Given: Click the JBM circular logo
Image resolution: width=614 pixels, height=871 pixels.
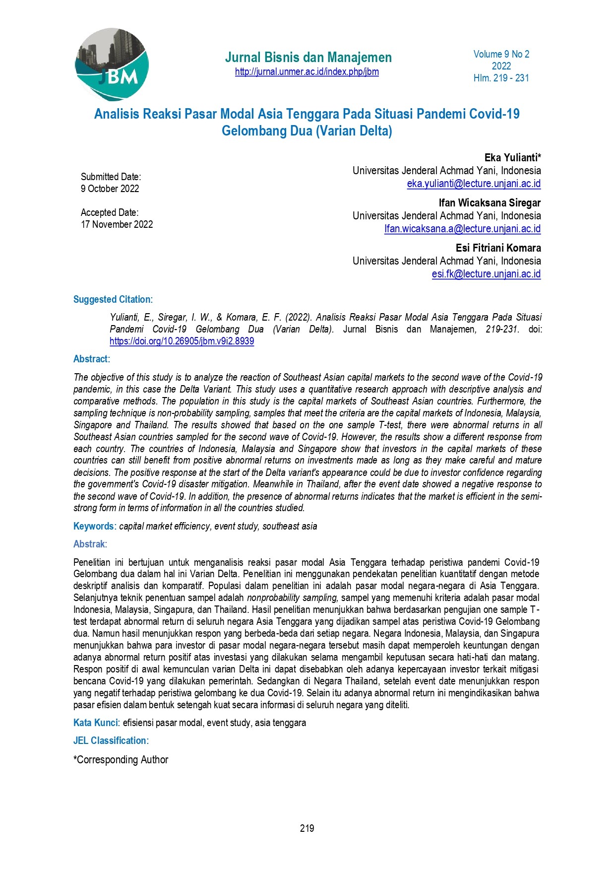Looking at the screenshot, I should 112,64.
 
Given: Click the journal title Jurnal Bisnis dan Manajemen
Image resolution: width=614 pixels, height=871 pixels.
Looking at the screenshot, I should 308,58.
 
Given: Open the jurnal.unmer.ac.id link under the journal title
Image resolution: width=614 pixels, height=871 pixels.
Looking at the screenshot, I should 307,72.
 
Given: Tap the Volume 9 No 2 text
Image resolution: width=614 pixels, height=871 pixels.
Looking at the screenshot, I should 501,54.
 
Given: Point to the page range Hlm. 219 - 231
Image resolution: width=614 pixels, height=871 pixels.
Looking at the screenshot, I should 501,78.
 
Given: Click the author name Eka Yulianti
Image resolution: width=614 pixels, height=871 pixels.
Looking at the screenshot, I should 512,158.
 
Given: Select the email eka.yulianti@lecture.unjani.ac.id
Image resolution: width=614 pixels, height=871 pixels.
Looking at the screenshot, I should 474,184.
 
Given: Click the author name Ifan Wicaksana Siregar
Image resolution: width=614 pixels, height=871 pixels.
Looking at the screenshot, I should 490,203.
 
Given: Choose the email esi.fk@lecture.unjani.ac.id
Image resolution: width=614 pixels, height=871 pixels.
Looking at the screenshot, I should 486,274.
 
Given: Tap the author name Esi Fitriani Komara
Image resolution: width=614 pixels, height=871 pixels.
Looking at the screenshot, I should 498,248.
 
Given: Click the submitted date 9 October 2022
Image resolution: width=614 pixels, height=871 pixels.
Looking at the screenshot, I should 110,189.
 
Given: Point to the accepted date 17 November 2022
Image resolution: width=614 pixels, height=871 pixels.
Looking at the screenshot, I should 117,224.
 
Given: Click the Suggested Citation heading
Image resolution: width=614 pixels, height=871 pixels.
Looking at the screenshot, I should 112,299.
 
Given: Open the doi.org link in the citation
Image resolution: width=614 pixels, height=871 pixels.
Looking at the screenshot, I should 182,341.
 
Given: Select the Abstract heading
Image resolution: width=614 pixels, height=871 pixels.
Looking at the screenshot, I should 91,359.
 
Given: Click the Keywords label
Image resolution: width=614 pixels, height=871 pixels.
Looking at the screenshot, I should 94,526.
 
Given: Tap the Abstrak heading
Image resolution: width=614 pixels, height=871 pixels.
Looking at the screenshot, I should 89,544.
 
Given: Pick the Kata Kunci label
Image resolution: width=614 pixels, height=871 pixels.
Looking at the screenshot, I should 96,723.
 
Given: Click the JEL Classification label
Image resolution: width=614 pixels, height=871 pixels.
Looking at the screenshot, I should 110,740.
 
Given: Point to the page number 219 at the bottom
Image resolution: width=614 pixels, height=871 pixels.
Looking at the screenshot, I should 307,828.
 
